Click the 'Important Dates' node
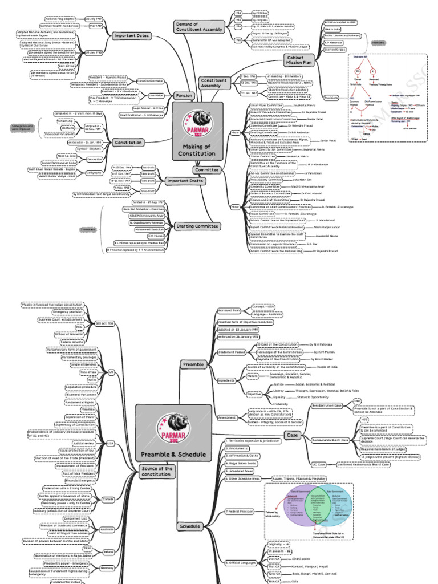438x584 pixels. click(x=131, y=35)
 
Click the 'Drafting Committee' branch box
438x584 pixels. click(x=198, y=226)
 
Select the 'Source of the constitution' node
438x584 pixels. click(x=156, y=471)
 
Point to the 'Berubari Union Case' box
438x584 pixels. click(x=330, y=405)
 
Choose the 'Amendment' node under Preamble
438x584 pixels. click(x=227, y=417)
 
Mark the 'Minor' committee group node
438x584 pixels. click(x=234, y=206)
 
